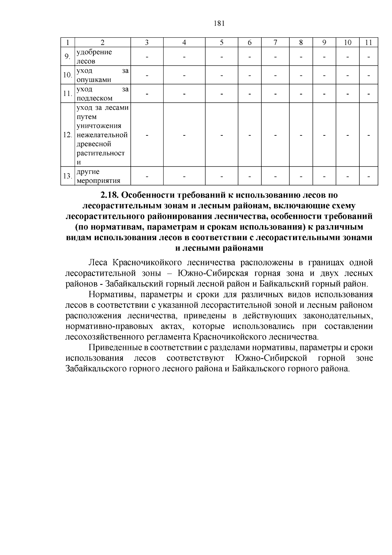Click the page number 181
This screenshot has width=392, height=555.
click(x=219, y=23)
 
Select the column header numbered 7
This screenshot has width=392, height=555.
click(x=275, y=43)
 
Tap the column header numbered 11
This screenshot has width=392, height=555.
click(x=368, y=43)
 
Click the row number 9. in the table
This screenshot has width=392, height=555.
click(x=67, y=57)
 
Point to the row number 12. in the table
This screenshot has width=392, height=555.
click(x=68, y=135)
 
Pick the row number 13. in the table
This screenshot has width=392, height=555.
click(x=68, y=176)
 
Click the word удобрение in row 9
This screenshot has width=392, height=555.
click(x=94, y=52)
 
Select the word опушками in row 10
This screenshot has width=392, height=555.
click(x=94, y=80)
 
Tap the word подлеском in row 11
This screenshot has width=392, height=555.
click(x=94, y=98)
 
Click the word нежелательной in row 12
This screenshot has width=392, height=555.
click(x=102, y=135)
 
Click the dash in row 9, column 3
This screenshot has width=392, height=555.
click(x=147, y=57)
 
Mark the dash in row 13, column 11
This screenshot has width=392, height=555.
click(x=368, y=177)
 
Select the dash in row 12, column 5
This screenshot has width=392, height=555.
click(x=221, y=135)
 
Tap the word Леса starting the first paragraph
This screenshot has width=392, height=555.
click(x=98, y=263)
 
